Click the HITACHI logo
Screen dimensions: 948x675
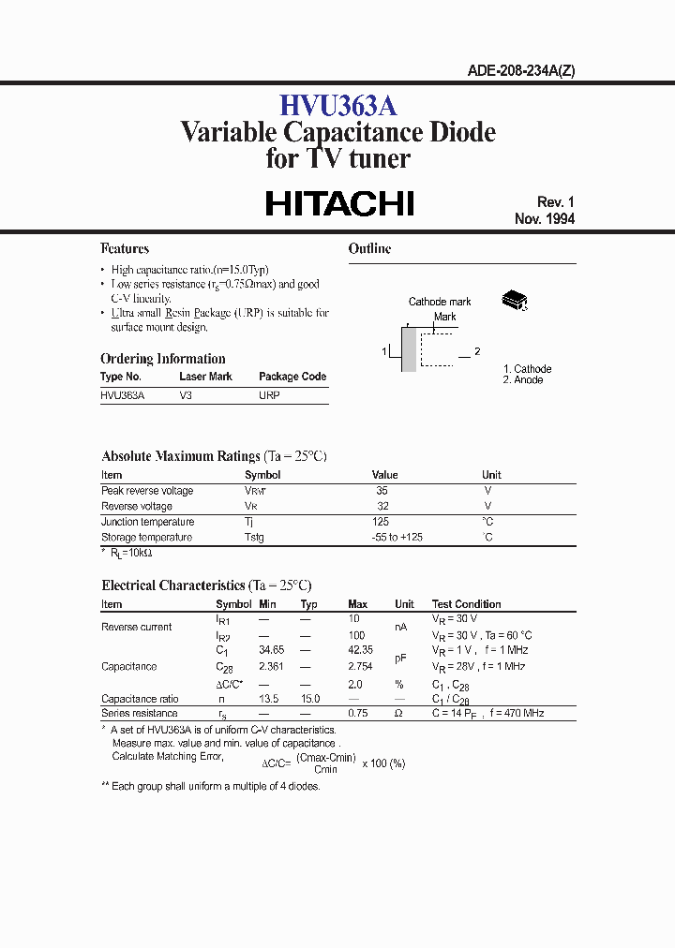click(339, 204)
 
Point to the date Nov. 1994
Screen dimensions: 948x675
click(545, 219)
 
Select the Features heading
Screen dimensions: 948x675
click(125, 249)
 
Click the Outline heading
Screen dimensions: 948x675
click(369, 249)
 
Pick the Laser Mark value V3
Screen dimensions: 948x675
click(186, 395)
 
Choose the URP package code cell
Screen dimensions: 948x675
click(269, 395)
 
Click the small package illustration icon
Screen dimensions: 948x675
click(515, 300)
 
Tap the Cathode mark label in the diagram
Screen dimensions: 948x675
click(440, 302)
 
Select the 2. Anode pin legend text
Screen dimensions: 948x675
click(522, 380)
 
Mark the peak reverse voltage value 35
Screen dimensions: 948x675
click(382, 491)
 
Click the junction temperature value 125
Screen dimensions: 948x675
click(381, 522)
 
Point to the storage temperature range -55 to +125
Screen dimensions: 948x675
click(397, 538)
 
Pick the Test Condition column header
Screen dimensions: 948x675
click(466, 604)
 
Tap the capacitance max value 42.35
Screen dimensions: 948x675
click(360, 650)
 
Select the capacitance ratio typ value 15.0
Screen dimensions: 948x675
click(310, 699)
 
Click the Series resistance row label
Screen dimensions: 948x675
click(139, 714)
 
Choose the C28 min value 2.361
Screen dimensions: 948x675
click(270, 666)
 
